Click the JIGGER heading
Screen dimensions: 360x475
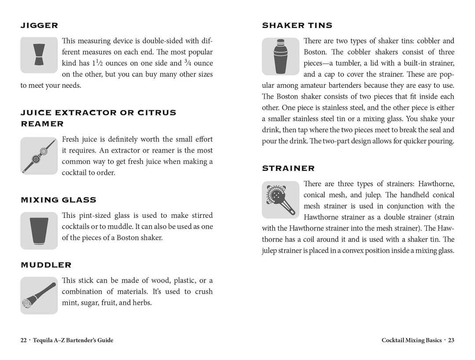[39, 25]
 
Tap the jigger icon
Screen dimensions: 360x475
[39, 55]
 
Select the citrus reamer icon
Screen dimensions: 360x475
[39, 156]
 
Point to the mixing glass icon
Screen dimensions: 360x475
[39, 231]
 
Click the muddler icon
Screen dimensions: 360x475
[39, 295]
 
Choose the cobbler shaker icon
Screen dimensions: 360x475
[280, 56]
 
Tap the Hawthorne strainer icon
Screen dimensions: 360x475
[281, 200]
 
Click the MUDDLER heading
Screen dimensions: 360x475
[46, 265]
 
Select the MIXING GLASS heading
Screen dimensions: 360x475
[58, 200]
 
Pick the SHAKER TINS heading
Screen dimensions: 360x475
[297, 25]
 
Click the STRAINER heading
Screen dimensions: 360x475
[288, 168]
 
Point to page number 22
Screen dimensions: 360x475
[24, 340]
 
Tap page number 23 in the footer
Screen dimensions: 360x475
[451, 340]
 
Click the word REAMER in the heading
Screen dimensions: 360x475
[42, 124]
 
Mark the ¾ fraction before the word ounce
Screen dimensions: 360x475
[187, 63]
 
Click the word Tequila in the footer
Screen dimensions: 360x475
[44, 340]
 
